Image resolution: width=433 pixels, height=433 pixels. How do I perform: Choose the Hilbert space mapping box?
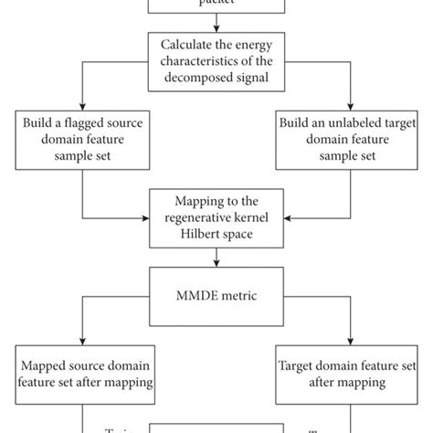point(216,217)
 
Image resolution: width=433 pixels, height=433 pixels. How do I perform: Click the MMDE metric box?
point(216,295)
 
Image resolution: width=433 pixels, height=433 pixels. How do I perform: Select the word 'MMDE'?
point(195,295)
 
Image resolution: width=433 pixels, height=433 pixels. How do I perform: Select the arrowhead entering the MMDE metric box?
point(216,269)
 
